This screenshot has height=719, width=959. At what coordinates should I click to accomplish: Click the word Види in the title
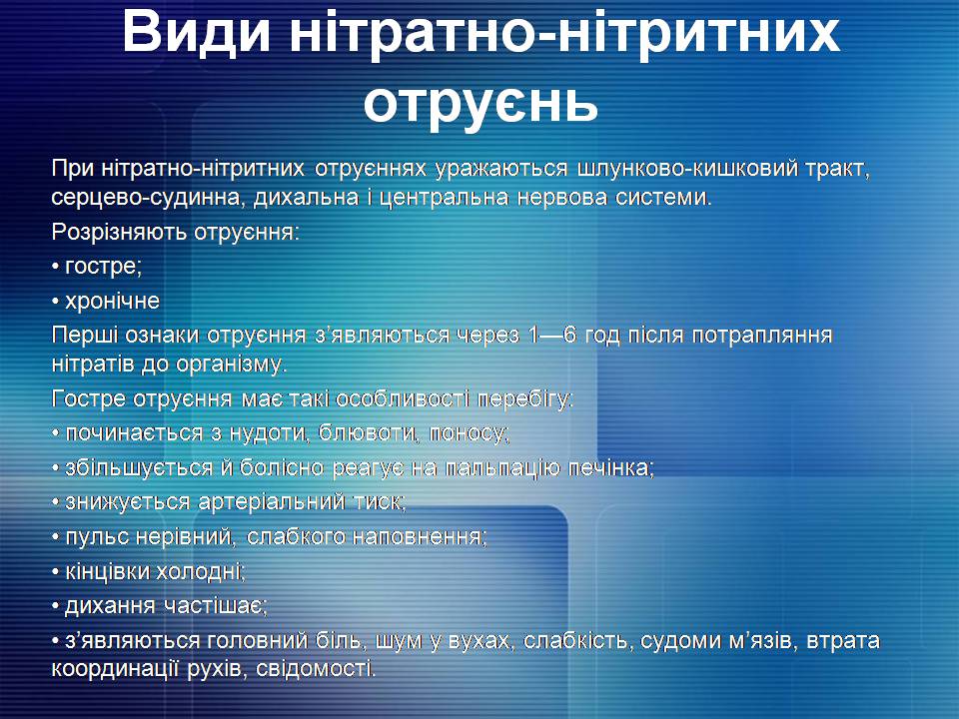[196, 32]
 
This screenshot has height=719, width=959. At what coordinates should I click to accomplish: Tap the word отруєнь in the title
[480, 104]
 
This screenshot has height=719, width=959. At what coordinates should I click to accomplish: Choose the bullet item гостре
[103, 268]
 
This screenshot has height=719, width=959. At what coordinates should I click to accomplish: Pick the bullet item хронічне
[112, 301]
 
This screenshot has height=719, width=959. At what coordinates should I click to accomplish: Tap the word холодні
[201, 572]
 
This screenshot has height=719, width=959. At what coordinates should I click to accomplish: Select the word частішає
[215, 606]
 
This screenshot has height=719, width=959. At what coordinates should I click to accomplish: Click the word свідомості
[315, 669]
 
